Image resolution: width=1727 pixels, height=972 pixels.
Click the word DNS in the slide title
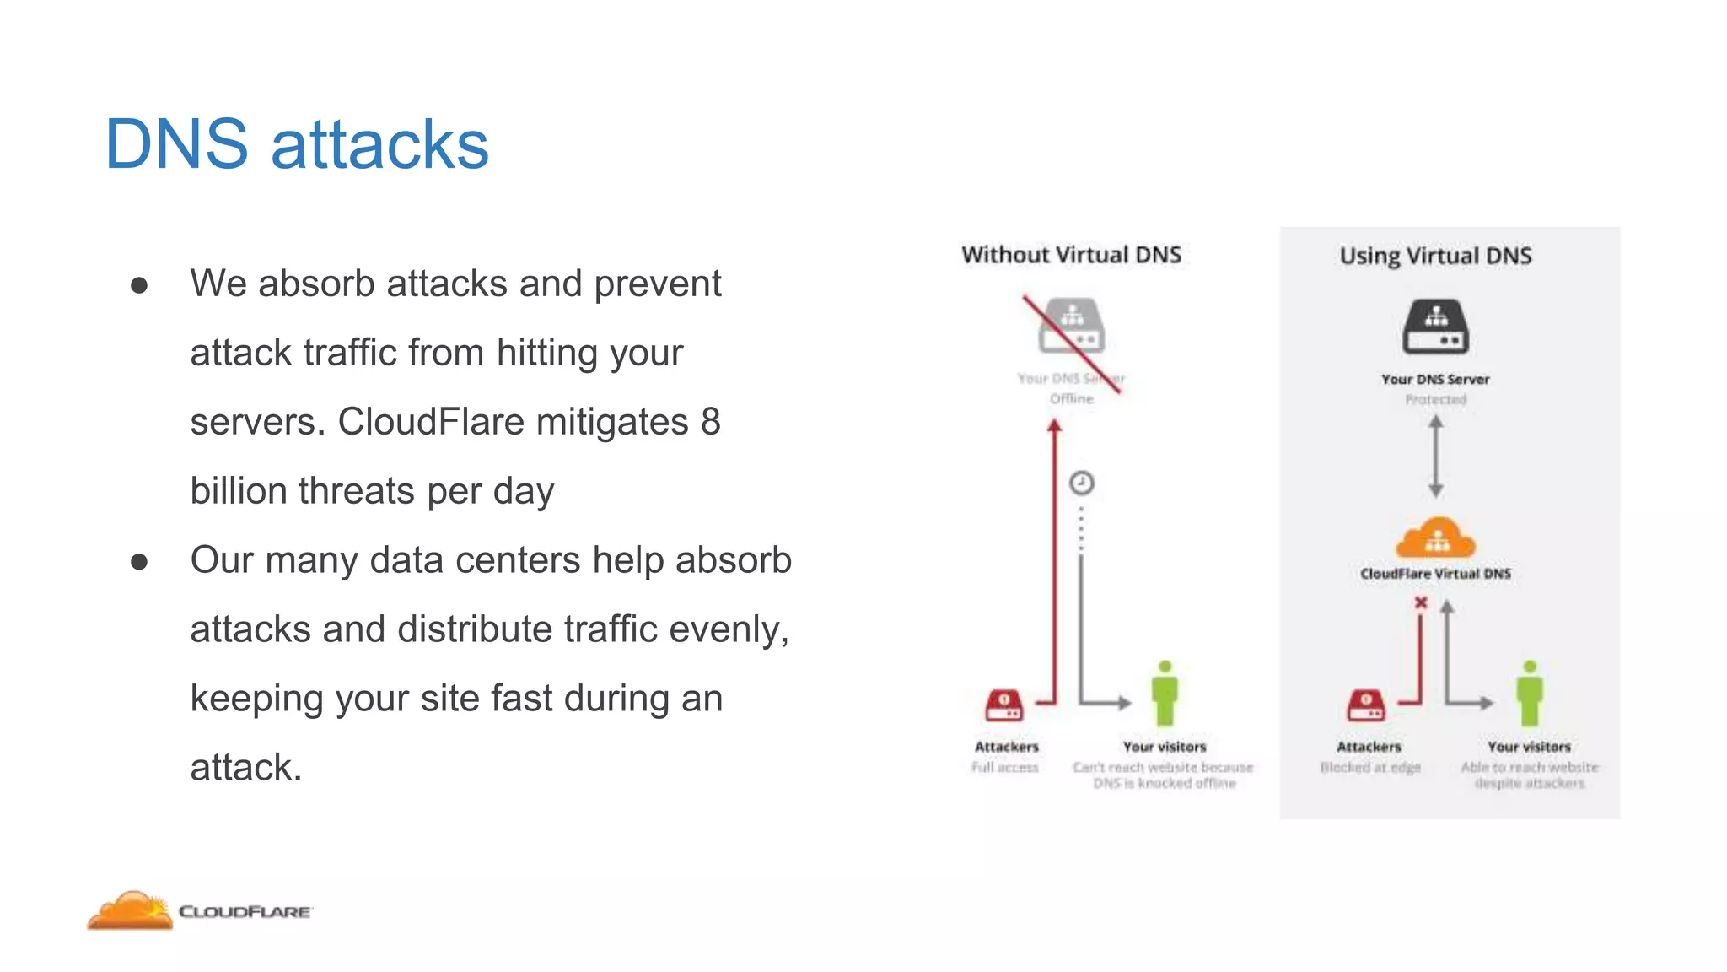176,144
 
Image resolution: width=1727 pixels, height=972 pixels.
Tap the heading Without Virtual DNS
1071,255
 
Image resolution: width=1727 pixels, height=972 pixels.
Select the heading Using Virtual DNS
1435,256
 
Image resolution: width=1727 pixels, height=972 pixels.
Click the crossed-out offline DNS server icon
1071,326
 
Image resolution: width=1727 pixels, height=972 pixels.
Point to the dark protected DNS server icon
1435,327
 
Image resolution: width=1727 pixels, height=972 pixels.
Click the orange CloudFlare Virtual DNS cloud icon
1435,538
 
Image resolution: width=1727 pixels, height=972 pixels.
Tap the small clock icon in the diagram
1082,483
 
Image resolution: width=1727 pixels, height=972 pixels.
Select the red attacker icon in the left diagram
1004,705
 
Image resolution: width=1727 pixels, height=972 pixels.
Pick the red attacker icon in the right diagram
1366,705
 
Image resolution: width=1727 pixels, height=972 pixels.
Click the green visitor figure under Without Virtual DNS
1165,694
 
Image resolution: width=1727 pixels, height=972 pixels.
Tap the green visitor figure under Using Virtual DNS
1530,694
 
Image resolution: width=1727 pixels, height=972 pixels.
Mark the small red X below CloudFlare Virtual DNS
1421,602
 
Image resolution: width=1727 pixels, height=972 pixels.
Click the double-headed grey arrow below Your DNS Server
1436,456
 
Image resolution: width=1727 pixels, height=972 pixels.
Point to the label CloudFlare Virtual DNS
1435,574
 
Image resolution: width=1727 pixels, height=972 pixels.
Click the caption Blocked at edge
1370,767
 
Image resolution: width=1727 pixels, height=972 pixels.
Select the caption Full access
1004,767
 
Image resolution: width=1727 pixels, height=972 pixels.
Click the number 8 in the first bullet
710,422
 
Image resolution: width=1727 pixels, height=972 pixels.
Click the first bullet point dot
139,285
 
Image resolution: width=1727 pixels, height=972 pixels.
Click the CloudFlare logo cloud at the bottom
131,910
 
